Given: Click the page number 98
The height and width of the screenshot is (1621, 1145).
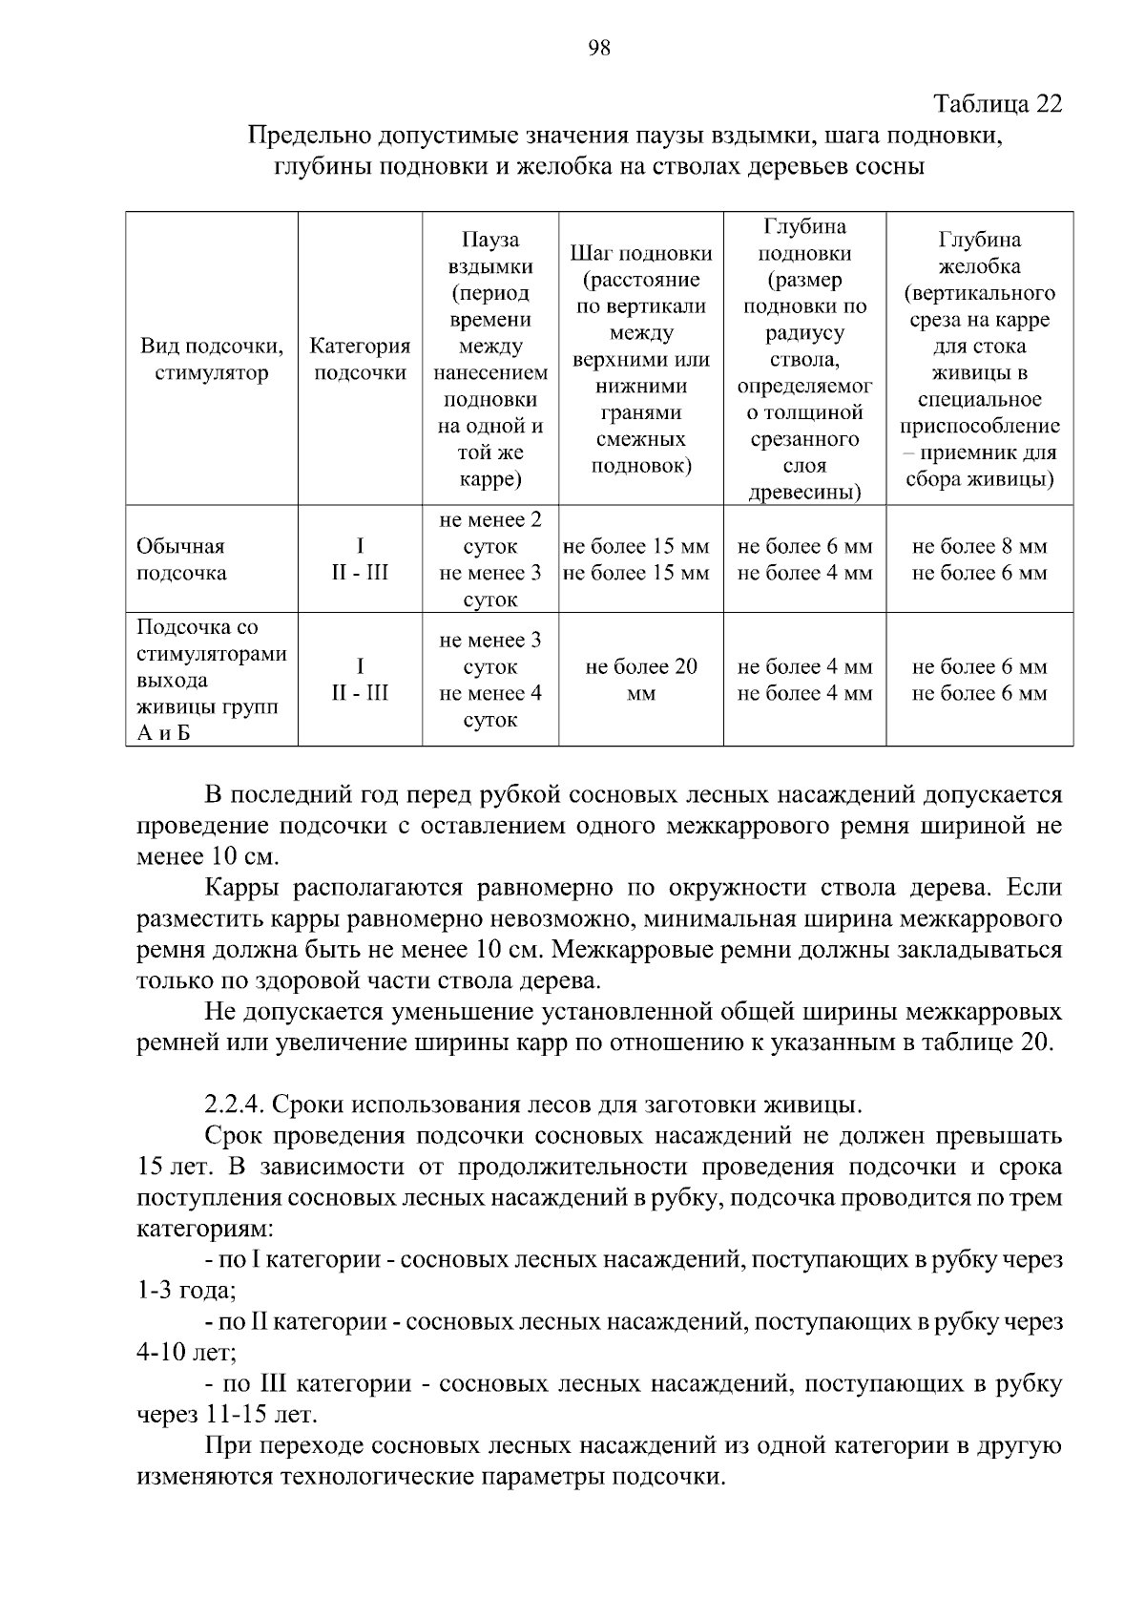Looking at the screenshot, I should pyautogui.click(x=599, y=50).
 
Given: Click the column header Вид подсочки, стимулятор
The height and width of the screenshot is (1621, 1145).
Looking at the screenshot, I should pyautogui.click(x=211, y=359).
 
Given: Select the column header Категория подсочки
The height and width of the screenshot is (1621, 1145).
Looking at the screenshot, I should pyautogui.click(x=360, y=359).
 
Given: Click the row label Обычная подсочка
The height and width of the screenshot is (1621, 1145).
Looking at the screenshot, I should pyautogui.click(x=181, y=559).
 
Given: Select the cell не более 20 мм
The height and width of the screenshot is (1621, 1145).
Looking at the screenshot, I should pyautogui.click(x=640, y=680).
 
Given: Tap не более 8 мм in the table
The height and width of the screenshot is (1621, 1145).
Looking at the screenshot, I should pyautogui.click(x=979, y=547).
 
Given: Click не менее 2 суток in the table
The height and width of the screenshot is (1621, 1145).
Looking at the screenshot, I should pyautogui.click(x=490, y=534).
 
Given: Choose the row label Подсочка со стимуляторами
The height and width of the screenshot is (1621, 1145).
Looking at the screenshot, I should pyautogui.click(x=211, y=654).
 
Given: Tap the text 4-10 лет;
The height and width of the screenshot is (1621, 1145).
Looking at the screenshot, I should pyautogui.click(x=185, y=1353).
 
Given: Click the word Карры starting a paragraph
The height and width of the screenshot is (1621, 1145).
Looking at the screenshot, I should pyautogui.click(x=240, y=888).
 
